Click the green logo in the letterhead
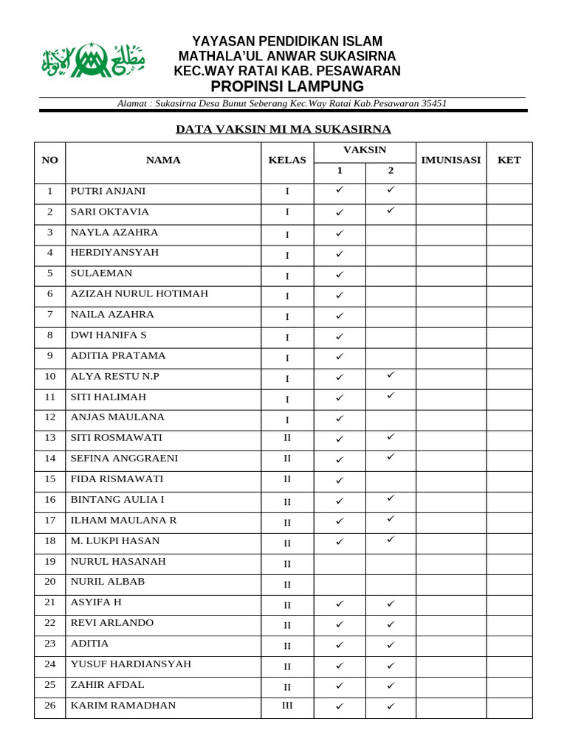93,60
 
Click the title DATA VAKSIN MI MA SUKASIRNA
283,130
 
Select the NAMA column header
163,160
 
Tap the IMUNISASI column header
450,160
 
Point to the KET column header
509,160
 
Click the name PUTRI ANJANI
108,191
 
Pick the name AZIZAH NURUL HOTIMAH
139,294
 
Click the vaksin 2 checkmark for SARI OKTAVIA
391,210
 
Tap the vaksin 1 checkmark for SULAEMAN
340,275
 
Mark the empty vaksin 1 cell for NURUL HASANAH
340,564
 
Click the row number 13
49,438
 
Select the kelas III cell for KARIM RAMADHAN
287,706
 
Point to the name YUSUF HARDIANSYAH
131,664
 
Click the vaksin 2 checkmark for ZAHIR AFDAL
391,686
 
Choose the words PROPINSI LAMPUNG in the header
287,87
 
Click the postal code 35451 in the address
433,104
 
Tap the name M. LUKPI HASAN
114,541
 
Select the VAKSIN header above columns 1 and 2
365,150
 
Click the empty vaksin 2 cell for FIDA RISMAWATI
391,481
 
